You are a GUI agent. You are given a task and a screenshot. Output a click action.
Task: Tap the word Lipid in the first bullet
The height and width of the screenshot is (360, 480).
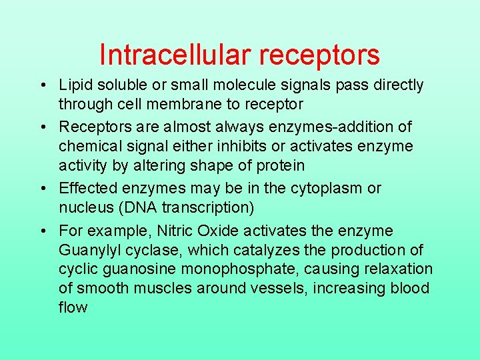(x=74, y=85)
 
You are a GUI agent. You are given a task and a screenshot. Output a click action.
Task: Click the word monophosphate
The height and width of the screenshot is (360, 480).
(x=244, y=269)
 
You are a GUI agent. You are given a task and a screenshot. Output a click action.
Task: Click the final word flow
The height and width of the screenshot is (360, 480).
(x=73, y=307)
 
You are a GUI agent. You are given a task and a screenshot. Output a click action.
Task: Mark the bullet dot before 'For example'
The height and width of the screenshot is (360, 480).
(x=42, y=231)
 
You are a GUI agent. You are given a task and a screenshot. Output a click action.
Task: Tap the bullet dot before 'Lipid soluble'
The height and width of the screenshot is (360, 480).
(x=42, y=85)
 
